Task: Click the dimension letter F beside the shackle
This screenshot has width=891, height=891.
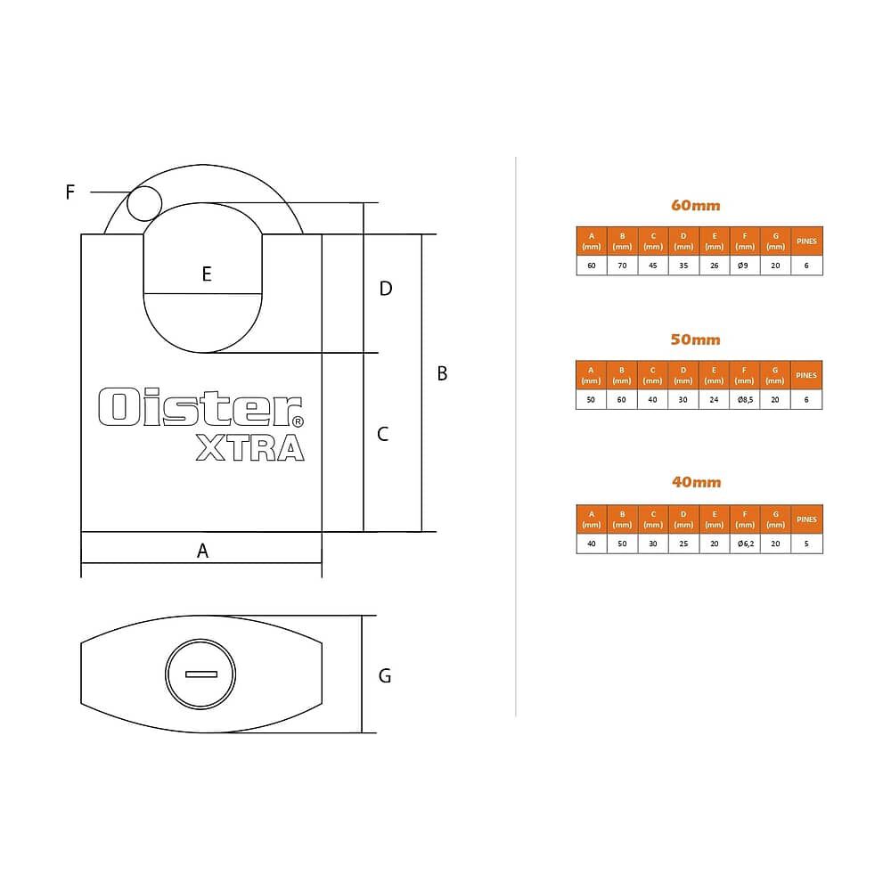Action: click(x=69, y=192)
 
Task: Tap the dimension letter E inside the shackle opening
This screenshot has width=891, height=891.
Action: click(x=207, y=274)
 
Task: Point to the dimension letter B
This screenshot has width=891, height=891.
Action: click(x=442, y=373)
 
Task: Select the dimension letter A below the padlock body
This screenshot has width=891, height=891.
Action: click(x=202, y=551)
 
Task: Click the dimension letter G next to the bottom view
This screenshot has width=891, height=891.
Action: click(x=385, y=675)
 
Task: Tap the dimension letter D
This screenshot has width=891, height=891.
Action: click(x=386, y=289)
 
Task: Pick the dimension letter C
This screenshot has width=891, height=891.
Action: click(x=383, y=434)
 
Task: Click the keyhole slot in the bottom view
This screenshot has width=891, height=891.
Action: click(x=201, y=674)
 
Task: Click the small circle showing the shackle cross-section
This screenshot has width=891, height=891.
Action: click(x=144, y=203)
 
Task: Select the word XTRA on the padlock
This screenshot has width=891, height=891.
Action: click(x=250, y=447)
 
